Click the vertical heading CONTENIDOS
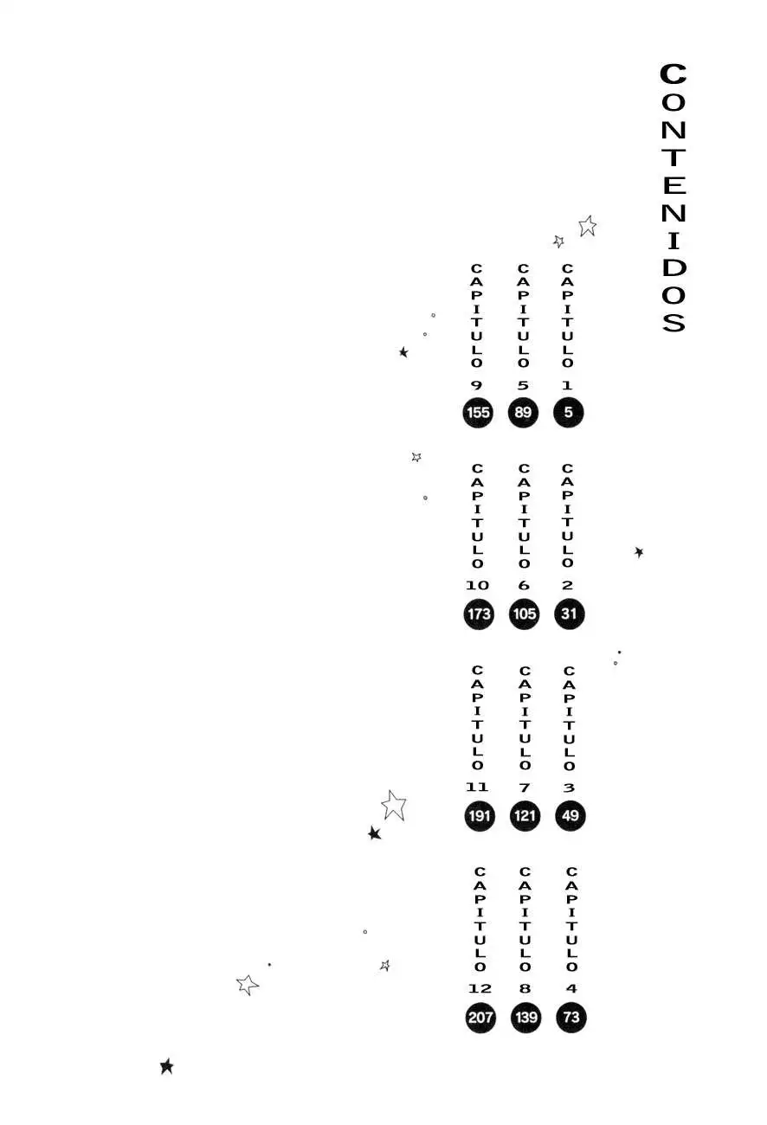673,197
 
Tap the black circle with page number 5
568,412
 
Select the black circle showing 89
523,412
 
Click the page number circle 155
478,413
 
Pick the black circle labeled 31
569,614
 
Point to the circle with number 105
525,614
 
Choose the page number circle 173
479,614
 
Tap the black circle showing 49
570,815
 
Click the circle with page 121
525,815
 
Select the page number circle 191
480,816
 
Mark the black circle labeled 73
571,1018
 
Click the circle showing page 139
525,1018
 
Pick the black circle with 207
480,1018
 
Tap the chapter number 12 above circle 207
480,988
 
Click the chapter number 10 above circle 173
477,585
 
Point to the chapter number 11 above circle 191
477,787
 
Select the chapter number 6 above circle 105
524,585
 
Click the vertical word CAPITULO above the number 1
567,315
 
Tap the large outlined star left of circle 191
394,806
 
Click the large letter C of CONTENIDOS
673,74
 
